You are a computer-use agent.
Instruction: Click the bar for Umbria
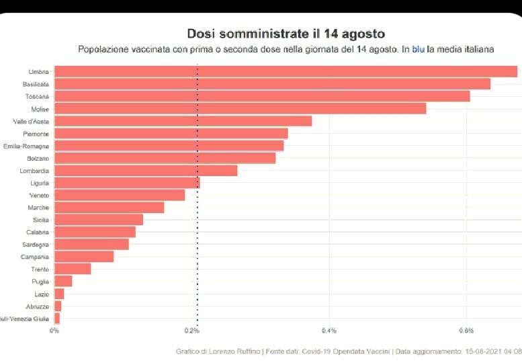[286, 72]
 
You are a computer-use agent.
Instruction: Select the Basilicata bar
[272, 84]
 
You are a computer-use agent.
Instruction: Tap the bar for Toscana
[262, 97]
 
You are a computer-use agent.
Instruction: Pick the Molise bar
[240, 109]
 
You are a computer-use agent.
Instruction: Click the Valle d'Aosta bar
[183, 121]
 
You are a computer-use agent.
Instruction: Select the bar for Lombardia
[146, 171]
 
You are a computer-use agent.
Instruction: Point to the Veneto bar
[120, 195]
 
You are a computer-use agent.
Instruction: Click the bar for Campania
[84, 257]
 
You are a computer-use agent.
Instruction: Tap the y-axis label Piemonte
[36, 134]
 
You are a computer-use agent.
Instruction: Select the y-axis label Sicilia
[39, 220]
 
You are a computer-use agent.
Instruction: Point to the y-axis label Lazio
[42, 294]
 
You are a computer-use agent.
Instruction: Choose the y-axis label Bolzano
[38, 158]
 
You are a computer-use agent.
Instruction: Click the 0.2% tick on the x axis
[192, 331]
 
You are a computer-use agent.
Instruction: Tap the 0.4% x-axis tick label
[329, 331]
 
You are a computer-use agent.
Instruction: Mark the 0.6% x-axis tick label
[466, 331]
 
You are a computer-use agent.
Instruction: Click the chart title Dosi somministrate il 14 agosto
[286, 33]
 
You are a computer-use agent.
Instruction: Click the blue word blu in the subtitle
[418, 49]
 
